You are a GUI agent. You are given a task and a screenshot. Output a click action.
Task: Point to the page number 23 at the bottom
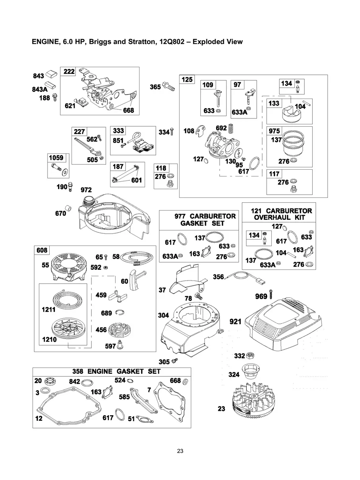click(x=180, y=451)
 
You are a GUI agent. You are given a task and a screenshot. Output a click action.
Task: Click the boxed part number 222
click(x=69, y=71)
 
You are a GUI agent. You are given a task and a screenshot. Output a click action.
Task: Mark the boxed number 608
click(x=42, y=250)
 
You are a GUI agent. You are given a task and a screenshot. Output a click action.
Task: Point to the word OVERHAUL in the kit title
click(x=270, y=217)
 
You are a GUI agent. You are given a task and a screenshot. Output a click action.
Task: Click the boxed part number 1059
click(x=56, y=158)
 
